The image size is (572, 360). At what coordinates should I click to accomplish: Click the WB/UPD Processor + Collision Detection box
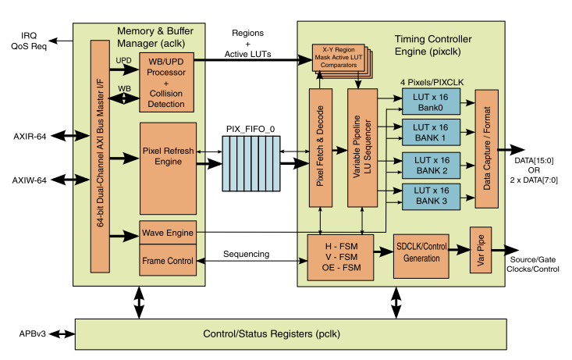(x=165, y=82)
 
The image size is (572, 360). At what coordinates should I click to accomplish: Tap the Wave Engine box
(x=166, y=232)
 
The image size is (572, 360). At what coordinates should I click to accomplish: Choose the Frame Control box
(x=166, y=260)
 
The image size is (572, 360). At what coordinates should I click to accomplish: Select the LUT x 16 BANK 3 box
(x=431, y=198)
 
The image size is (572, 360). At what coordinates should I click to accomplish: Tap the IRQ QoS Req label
(x=29, y=41)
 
